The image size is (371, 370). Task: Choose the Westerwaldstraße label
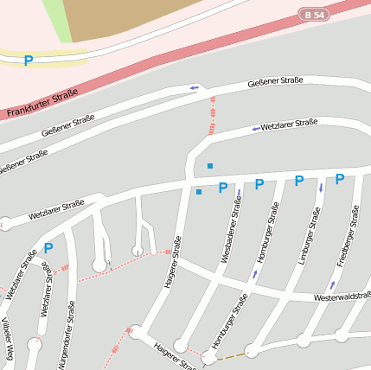pos(342,297)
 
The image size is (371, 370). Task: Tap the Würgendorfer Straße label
pos(67,335)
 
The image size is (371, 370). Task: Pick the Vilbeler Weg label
pos(8,338)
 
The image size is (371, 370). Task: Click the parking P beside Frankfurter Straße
pos(28,61)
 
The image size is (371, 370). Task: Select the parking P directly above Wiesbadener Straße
pos(222,188)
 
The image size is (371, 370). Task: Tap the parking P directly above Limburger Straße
pos(299,181)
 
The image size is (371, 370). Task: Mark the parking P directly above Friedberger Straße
pos(340,179)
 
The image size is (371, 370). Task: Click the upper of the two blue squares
pos(209,165)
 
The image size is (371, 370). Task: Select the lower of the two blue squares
pos(199,192)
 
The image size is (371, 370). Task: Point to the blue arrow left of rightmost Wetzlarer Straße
pos(255,129)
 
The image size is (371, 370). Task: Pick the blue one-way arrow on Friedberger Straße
pos(332,285)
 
